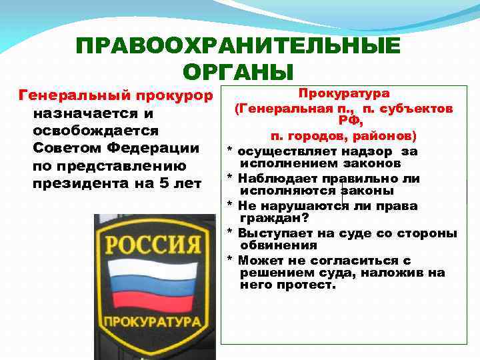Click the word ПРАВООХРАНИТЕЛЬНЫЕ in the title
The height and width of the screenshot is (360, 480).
pyautogui.click(x=239, y=46)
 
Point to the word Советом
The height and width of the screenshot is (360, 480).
pyautogui.click(x=65, y=147)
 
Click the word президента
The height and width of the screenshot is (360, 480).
pyautogui.click(x=82, y=182)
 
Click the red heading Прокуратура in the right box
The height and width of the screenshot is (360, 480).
pyautogui.click(x=344, y=94)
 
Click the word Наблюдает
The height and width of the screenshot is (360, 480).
pyautogui.click(x=275, y=179)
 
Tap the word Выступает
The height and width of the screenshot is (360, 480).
pyautogui.click(x=273, y=233)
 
